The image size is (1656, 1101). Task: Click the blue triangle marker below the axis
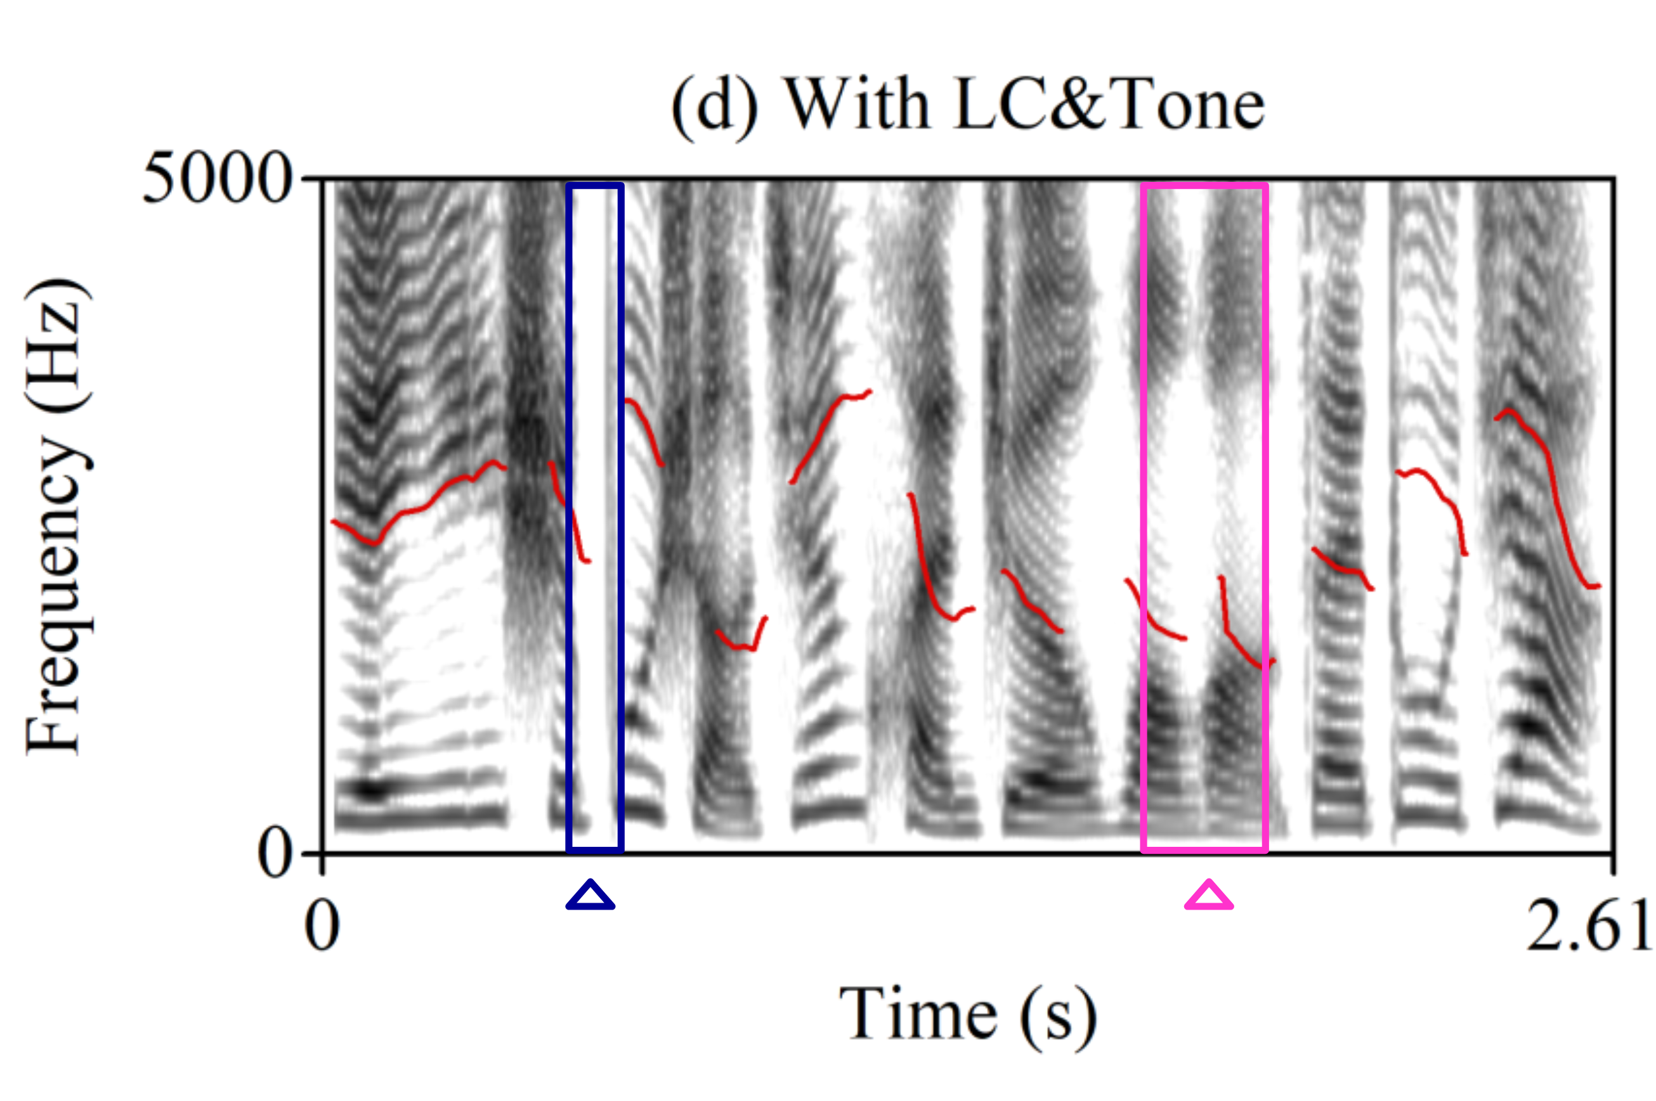point(590,896)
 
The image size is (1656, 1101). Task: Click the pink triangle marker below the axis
point(1208,896)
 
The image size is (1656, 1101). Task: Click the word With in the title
point(856,105)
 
